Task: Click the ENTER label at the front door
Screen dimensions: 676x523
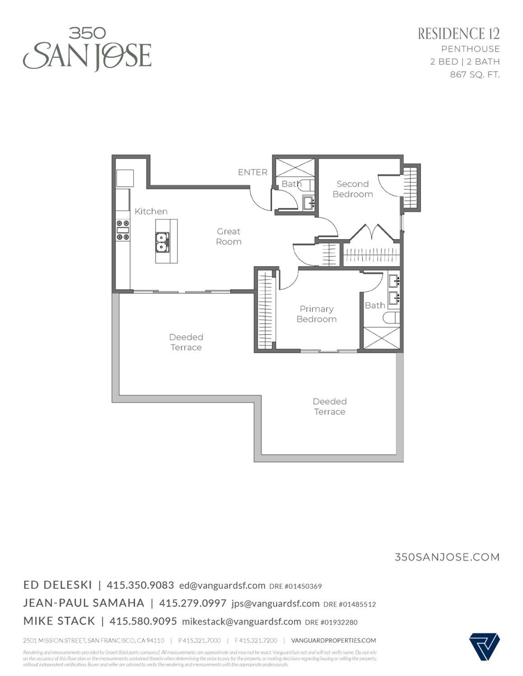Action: (253, 172)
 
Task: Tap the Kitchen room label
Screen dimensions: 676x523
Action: (151, 211)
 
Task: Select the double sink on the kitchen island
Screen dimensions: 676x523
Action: (162, 242)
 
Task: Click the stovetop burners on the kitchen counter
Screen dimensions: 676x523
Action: (123, 230)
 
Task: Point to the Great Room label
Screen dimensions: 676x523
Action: (228, 236)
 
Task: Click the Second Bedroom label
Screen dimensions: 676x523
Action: (352, 189)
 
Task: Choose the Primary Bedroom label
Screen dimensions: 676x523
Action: (316, 314)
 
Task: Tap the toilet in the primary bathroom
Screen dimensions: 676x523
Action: (391, 318)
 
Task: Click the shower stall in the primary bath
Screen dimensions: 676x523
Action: (382, 338)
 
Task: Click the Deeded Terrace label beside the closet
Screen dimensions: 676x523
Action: (186, 342)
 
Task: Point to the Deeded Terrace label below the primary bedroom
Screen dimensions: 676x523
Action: (329, 406)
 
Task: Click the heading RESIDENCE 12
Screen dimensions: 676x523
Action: (458, 34)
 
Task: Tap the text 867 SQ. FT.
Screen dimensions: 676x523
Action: (475, 74)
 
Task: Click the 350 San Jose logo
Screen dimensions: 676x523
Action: (87, 49)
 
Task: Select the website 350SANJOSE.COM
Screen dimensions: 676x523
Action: (447, 557)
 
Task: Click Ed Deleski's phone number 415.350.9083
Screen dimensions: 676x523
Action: (140, 585)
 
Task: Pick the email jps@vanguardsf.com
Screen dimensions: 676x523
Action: (275, 603)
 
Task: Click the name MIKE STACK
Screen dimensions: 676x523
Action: (59, 621)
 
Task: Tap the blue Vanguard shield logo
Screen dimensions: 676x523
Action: (484, 647)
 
